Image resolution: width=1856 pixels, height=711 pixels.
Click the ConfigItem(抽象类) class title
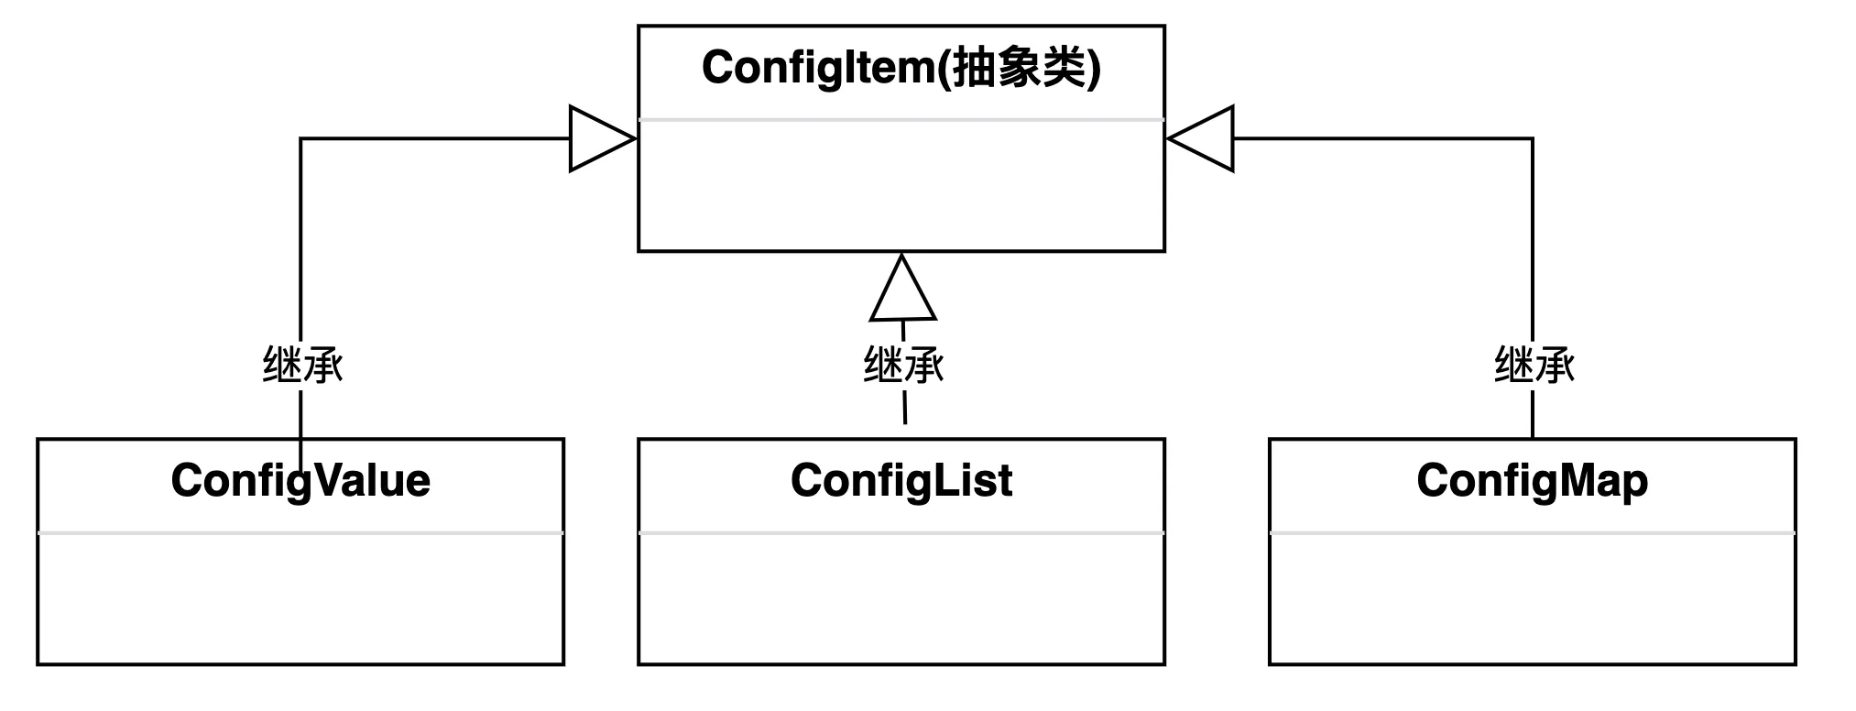(x=901, y=68)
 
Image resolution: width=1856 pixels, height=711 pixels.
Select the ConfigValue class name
(x=300, y=481)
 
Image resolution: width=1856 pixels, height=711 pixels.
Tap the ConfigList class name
(x=901, y=481)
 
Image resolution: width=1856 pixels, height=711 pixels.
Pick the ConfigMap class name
(x=1532, y=481)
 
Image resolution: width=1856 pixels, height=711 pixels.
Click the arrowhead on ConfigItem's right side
(x=1203, y=139)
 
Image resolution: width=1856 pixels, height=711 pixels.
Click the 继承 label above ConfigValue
(x=302, y=365)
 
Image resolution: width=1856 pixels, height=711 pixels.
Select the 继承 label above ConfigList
(x=903, y=365)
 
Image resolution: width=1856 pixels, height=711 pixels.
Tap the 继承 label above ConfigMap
(x=1534, y=365)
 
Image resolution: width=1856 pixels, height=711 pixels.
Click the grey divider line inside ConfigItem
(x=901, y=119)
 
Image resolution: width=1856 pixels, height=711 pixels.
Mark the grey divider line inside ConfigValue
(x=300, y=532)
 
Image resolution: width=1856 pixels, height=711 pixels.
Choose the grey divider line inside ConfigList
(x=901, y=532)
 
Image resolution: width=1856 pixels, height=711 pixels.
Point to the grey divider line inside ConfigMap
(x=1532, y=532)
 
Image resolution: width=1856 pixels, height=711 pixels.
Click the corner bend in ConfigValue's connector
(x=300, y=139)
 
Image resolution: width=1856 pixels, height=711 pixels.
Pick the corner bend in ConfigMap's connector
(x=1532, y=139)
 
